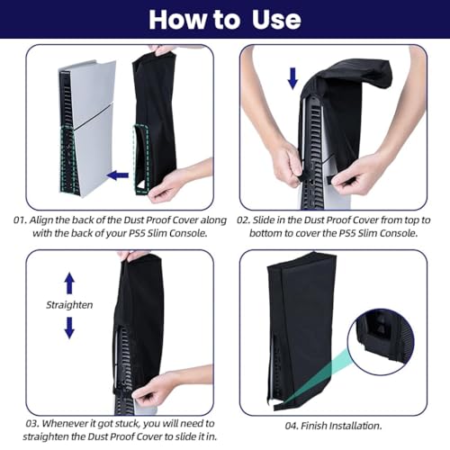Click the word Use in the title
pos(276,20)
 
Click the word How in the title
pos(178,20)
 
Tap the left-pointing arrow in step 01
pos(118,175)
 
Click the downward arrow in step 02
pos(292,78)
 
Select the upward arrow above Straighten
pos(69,283)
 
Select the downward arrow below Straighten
pos(69,328)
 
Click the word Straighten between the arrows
pos(69,305)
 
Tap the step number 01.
pos(20,220)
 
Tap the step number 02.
pos(243,220)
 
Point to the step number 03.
pos(32,424)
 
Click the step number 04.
pos(292,426)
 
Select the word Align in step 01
pos(41,220)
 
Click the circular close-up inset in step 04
pos(381,342)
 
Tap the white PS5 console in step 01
pos(86,129)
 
